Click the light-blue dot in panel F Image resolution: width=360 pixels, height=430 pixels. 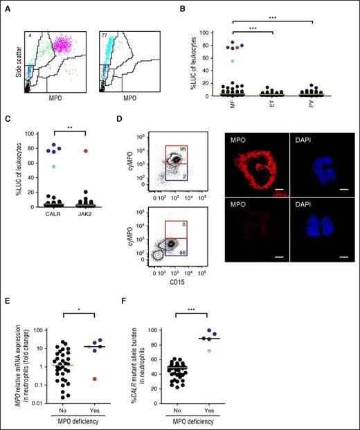[285, 350]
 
